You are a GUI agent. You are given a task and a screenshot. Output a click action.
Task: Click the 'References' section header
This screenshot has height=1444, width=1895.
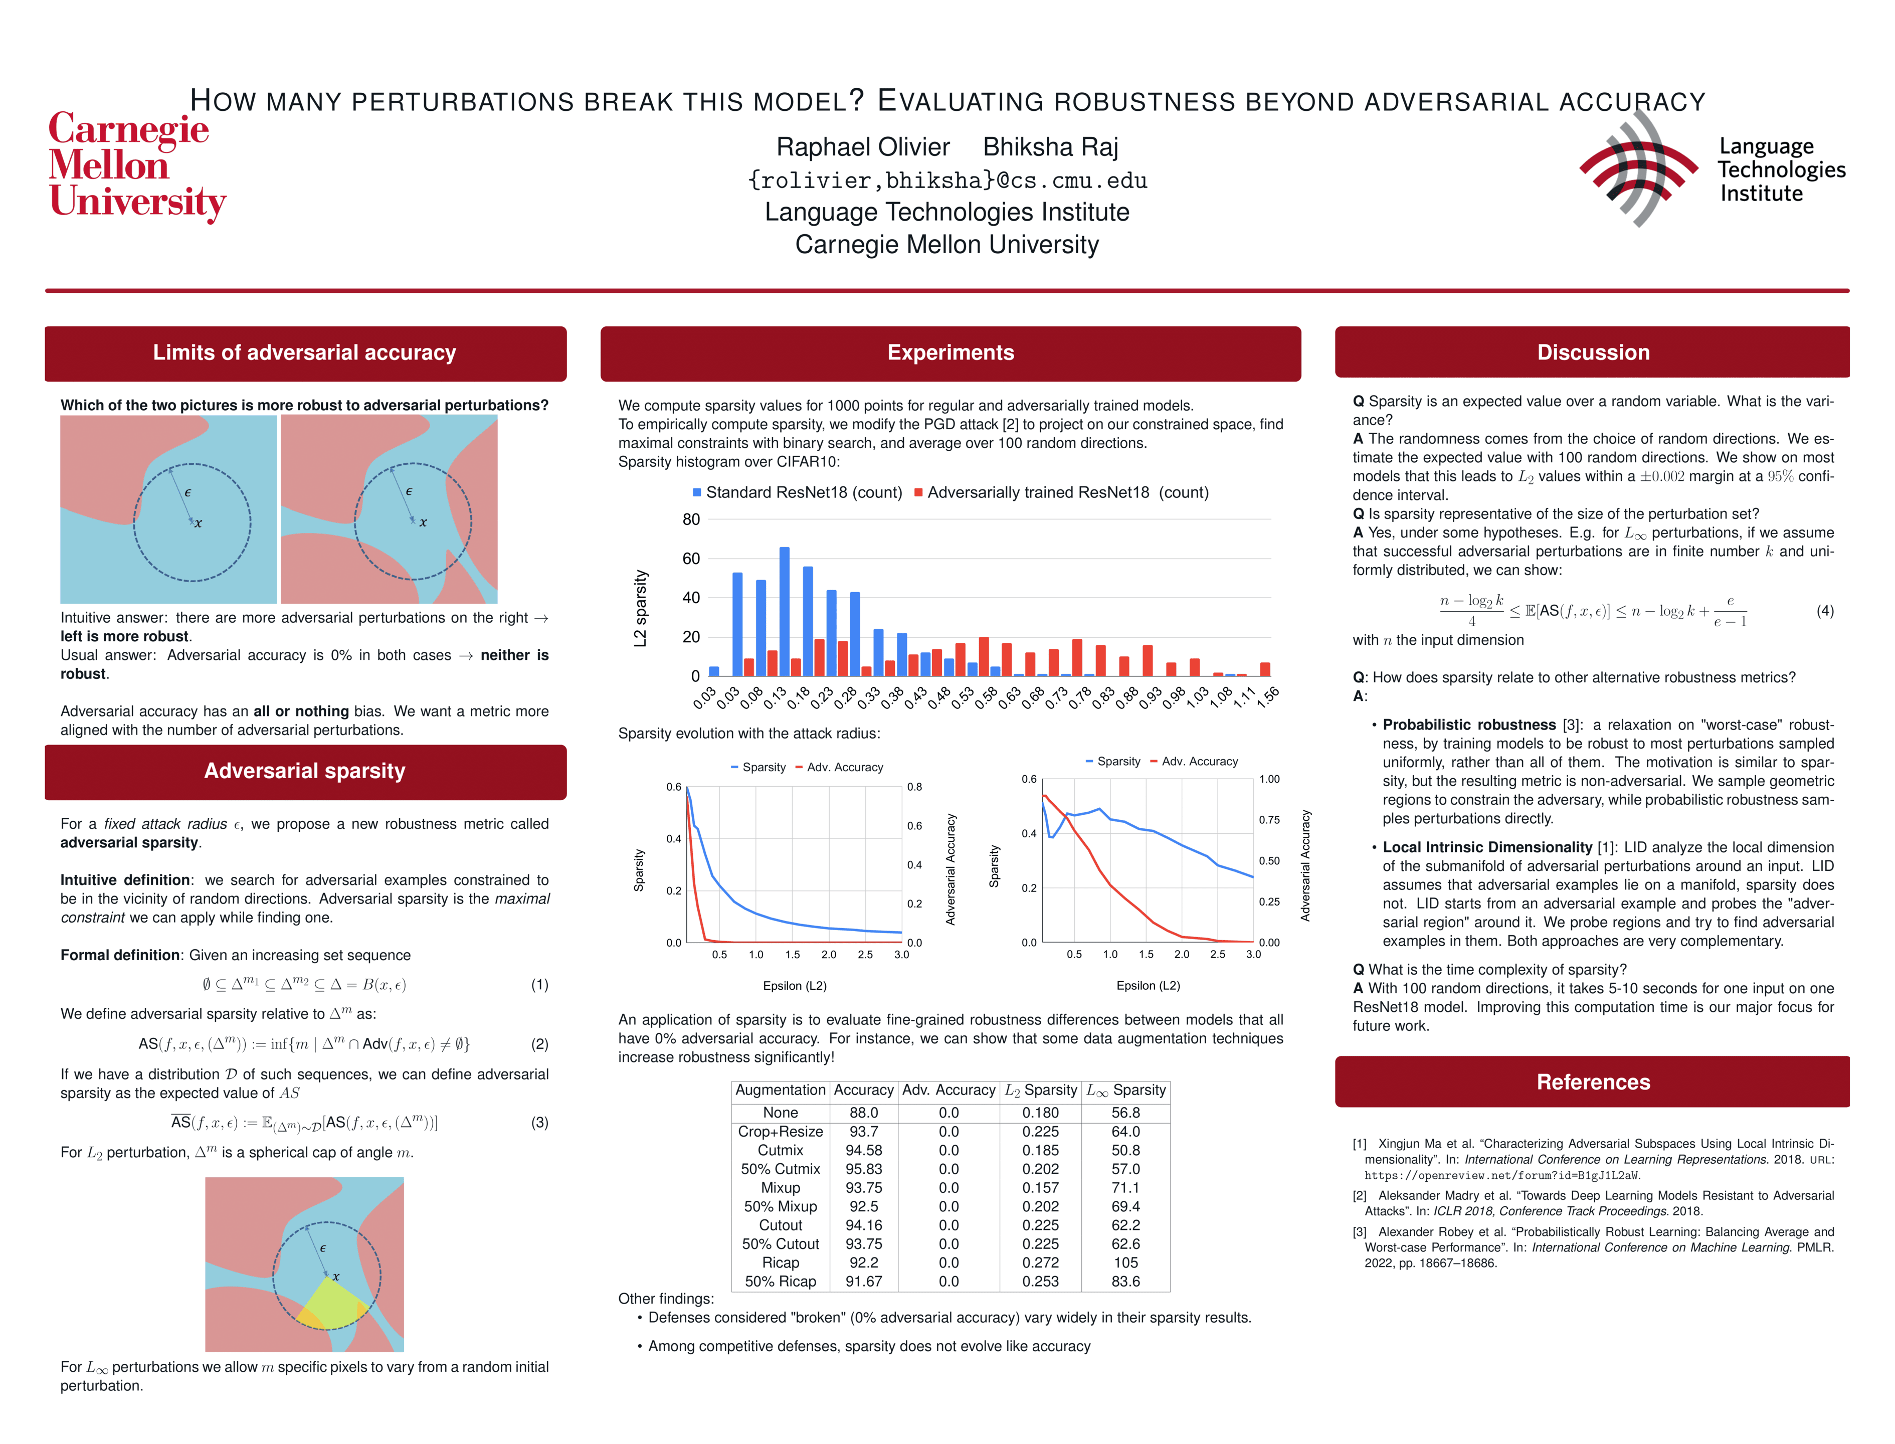click(1593, 1082)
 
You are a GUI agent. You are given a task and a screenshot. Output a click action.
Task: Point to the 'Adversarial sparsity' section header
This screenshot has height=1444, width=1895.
click(305, 771)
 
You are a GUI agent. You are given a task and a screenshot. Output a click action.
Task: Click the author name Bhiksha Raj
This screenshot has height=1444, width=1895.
click(1050, 147)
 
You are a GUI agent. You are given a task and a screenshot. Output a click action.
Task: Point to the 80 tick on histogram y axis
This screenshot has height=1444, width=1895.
click(691, 519)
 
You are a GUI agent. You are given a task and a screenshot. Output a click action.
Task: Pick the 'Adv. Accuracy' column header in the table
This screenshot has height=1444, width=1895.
click(949, 1090)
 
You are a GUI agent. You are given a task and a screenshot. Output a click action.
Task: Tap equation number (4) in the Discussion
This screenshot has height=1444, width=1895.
click(1824, 611)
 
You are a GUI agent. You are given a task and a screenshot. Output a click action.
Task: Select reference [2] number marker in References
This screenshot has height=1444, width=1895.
click(1360, 1196)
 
